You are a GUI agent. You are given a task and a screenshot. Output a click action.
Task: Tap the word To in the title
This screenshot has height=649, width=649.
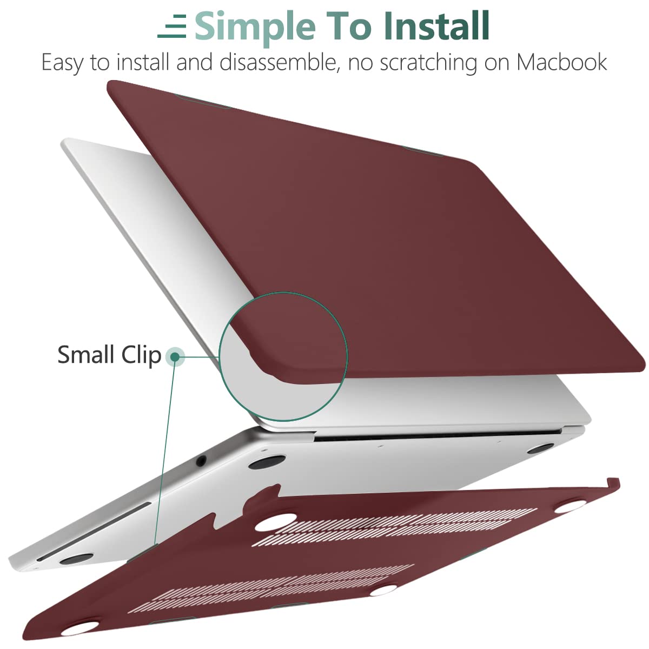coord(349,26)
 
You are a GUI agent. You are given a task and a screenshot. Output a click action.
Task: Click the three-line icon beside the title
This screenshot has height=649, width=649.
coord(172,26)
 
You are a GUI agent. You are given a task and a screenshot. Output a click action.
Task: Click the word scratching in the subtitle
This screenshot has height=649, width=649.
coord(428,63)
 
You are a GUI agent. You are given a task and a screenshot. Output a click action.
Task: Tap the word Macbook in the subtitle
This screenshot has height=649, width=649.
coord(562,62)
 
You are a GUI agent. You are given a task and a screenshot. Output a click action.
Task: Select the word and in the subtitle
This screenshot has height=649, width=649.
coord(195,62)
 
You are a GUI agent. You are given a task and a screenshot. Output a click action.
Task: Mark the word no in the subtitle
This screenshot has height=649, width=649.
coord(360,65)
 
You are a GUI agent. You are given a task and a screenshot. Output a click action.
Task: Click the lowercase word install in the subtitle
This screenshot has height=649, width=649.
coord(143,62)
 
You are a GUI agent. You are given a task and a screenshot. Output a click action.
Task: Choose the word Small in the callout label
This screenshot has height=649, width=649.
coord(86,355)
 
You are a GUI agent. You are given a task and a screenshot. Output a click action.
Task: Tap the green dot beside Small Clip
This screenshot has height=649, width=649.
coord(175,356)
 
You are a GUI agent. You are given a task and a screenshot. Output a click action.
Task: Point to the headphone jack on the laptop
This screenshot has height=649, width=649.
coord(201,460)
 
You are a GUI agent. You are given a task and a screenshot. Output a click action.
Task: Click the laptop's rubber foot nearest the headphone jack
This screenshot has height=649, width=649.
coord(267,462)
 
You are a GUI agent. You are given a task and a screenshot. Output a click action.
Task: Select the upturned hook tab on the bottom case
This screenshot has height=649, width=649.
coord(612,482)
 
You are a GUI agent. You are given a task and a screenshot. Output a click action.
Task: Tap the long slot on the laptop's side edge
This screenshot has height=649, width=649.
coord(94,520)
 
